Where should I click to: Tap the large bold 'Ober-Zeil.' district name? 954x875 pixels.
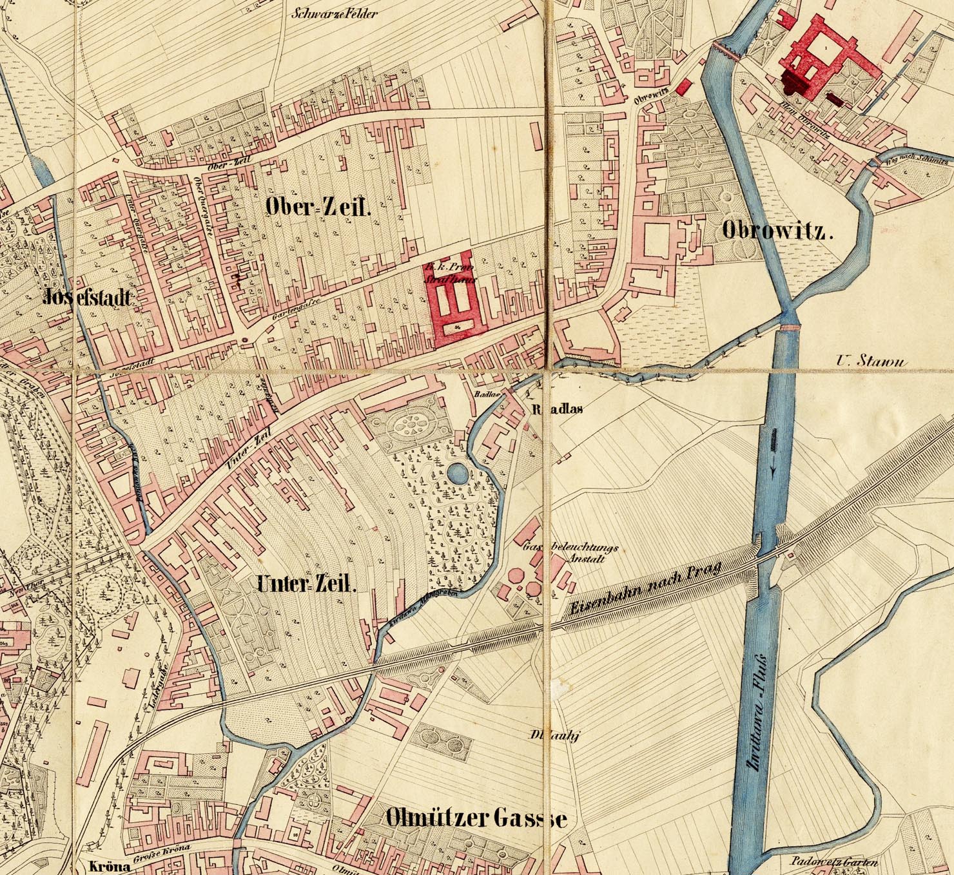[x=318, y=207]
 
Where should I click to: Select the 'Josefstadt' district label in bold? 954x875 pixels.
[x=88, y=297]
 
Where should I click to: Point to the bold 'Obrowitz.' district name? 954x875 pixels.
[x=777, y=231]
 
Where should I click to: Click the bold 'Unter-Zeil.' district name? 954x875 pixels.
[x=306, y=585]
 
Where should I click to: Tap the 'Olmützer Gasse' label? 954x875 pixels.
[x=476, y=818]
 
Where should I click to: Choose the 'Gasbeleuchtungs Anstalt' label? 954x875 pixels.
[x=571, y=553]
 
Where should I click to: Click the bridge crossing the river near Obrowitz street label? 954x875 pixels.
[x=725, y=51]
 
